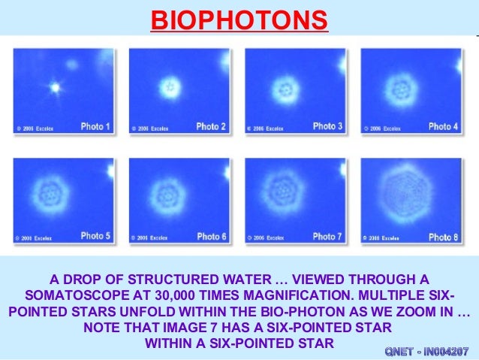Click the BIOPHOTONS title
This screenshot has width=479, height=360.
(239, 20)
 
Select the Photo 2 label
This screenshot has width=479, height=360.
(211, 126)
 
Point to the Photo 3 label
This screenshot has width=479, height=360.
(327, 126)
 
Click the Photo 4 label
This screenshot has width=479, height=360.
(443, 126)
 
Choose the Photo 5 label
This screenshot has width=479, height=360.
(95, 236)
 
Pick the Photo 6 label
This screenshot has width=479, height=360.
(211, 236)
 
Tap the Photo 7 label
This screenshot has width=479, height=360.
(327, 236)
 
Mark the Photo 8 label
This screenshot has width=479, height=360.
(443, 237)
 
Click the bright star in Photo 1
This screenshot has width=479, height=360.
(54, 87)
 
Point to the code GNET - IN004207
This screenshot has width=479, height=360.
(426, 351)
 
